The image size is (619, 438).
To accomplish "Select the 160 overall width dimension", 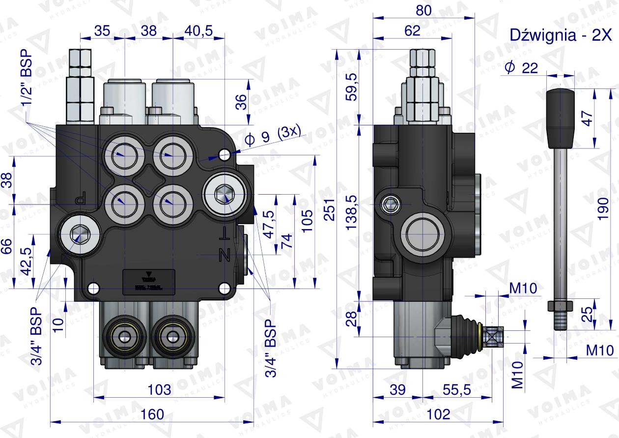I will click(x=152, y=414).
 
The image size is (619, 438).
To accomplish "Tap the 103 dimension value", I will click(x=159, y=390).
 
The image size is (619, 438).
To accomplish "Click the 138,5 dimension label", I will click(x=352, y=212).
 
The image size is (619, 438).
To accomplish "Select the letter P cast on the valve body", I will click(x=81, y=201).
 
